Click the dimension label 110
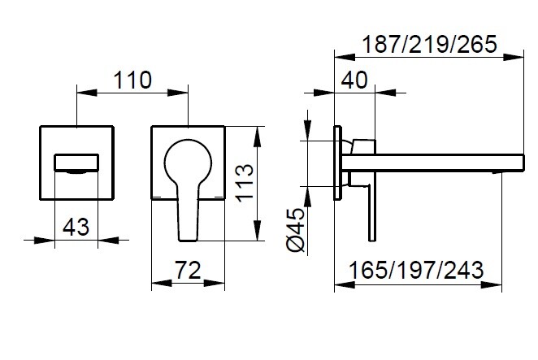pos(133,80)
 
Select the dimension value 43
pos(76,228)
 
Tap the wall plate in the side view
pos(337,160)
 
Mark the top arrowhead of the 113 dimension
pos(258,131)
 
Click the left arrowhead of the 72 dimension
pos(157,284)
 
